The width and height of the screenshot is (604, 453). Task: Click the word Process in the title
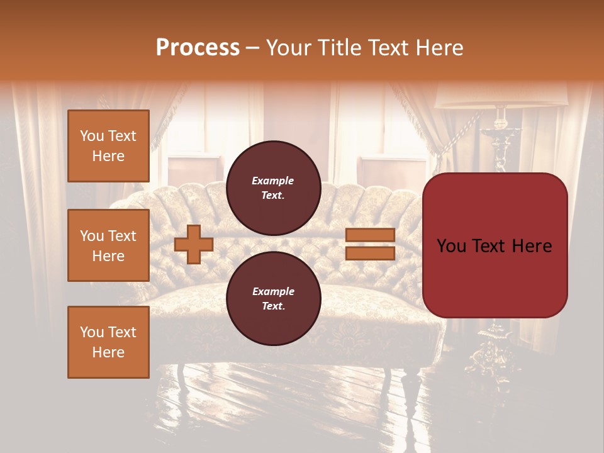click(x=198, y=48)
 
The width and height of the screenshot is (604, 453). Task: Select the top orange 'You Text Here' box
click(x=108, y=146)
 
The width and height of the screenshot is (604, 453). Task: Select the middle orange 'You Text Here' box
click(x=108, y=245)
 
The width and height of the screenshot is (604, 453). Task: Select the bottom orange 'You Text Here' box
click(x=108, y=342)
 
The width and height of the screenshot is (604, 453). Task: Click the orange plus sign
click(x=194, y=244)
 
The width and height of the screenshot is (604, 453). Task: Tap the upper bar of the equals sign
click(x=370, y=235)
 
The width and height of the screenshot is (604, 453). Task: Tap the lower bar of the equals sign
click(x=370, y=253)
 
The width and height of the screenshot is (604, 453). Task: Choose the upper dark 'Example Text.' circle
click(x=273, y=188)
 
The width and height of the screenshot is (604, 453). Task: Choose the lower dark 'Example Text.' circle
click(x=273, y=299)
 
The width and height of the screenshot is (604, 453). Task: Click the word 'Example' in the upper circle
click(x=273, y=181)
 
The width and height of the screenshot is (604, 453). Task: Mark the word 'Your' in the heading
click(x=288, y=48)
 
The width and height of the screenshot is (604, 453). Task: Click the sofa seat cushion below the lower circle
click(x=352, y=315)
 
